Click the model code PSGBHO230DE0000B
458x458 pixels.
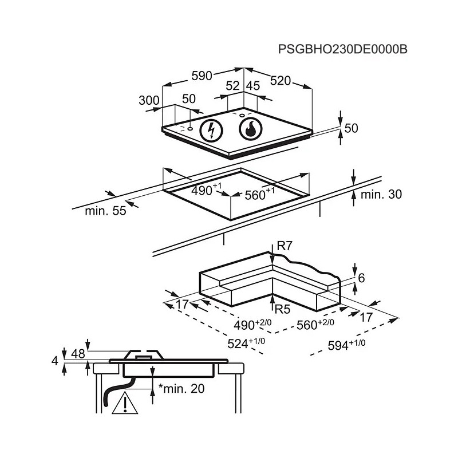[342, 49]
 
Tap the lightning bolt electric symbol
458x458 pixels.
[211, 131]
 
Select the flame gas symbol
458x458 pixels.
[251, 129]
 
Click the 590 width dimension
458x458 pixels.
[202, 76]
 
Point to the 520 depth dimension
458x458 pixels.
[281, 81]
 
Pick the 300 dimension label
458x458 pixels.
[149, 101]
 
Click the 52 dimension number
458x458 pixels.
[233, 86]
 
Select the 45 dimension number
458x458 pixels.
[253, 86]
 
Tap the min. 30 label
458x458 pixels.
[381, 194]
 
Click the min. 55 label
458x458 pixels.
[105, 211]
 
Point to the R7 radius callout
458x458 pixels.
[285, 246]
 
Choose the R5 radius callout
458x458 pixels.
[282, 309]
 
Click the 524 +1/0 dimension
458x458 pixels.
[246, 343]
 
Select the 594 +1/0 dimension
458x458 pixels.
[346, 345]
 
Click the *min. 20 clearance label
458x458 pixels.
[181, 389]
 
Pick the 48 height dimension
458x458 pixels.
[78, 354]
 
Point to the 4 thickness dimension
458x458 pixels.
[55, 361]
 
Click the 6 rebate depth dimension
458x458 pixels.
[361, 278]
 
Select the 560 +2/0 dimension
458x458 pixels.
[315, 324]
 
